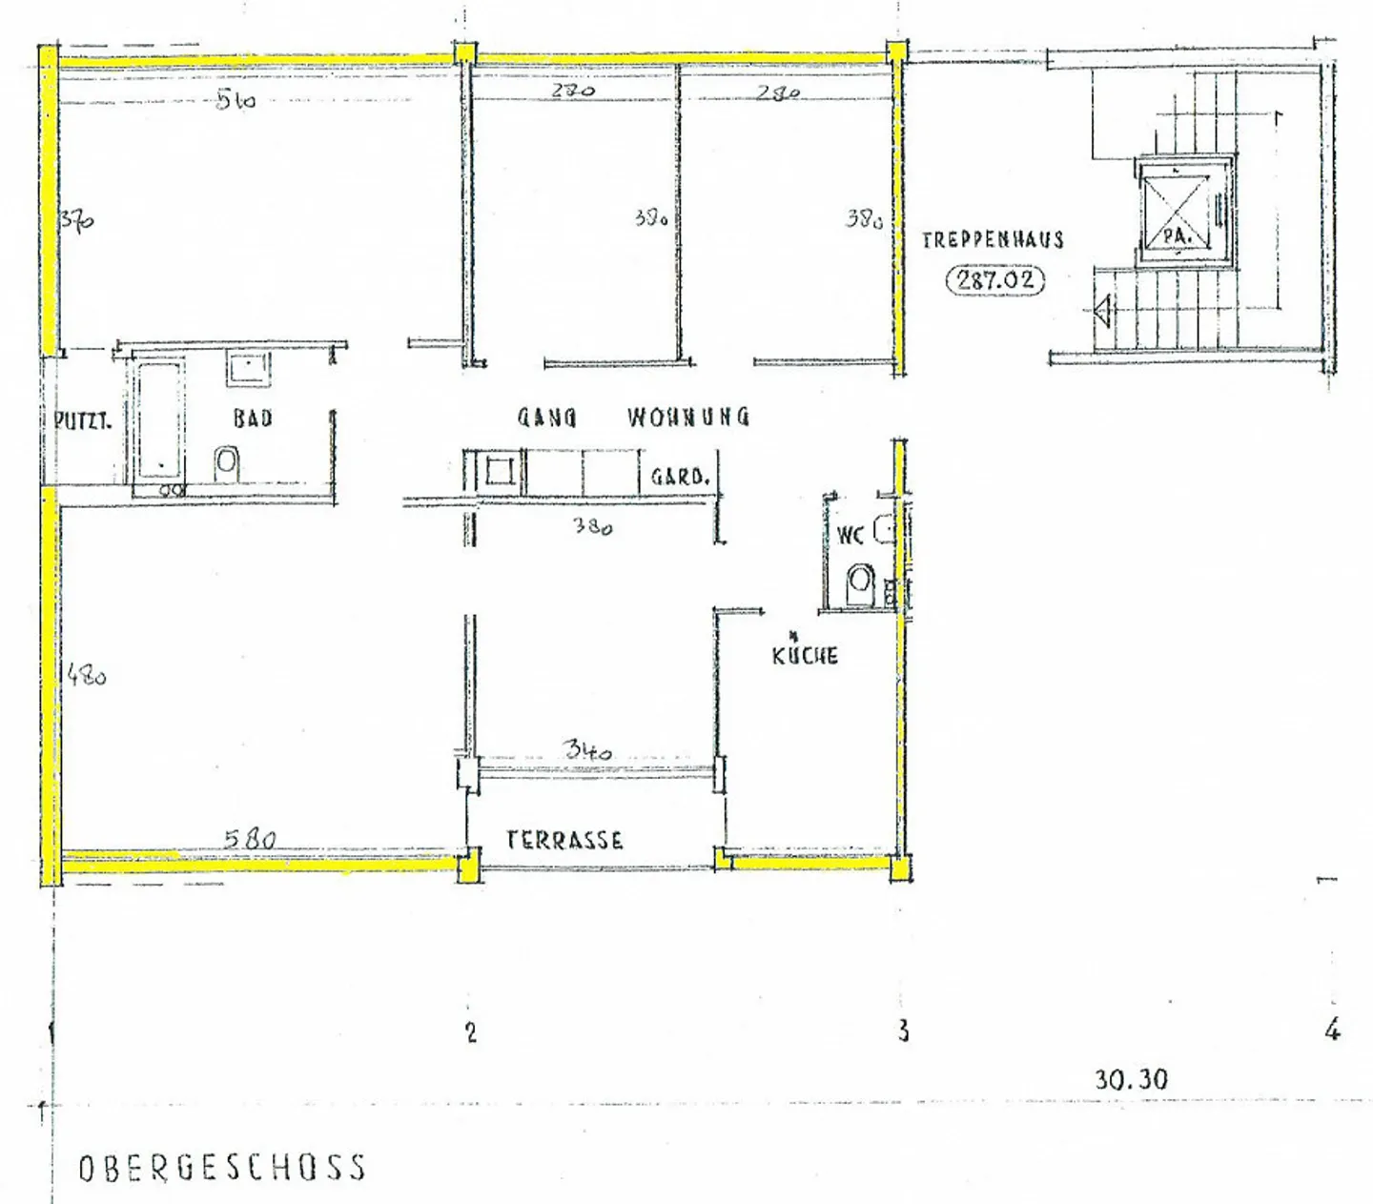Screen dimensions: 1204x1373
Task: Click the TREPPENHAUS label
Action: click(x=993, y=239)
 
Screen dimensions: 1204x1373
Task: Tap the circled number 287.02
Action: click(x=994, y=281)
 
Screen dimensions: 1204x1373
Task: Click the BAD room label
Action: click(x=253, y=418)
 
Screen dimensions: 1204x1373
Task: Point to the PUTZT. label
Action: click(x=83, y=419)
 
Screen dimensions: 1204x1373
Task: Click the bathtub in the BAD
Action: click(x=158, y=419)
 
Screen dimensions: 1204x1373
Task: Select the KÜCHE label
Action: click(x=806, y=655)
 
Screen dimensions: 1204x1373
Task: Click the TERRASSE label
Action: click(x=564, y=840)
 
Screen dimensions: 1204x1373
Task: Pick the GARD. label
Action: click(x=680, y=476)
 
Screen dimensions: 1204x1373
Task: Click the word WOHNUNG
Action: click(x=688, y=417)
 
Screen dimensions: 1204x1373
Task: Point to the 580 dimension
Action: click(x=250, y=839)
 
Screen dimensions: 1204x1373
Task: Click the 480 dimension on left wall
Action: click(x=87, y=677)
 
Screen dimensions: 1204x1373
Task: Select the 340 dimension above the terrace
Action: click(x=588, y=750)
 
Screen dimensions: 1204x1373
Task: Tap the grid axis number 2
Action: click(x=470, y=1031)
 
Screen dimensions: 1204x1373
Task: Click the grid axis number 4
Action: click(x=1332, y=1030)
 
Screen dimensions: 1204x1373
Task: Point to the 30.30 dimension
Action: click(x=1131, y=1079)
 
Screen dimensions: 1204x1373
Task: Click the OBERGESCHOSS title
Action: click(x=222, y=1168)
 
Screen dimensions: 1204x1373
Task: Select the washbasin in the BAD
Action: click(x=249, y=367)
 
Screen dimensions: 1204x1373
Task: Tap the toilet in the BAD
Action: click(x=227, y=464)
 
